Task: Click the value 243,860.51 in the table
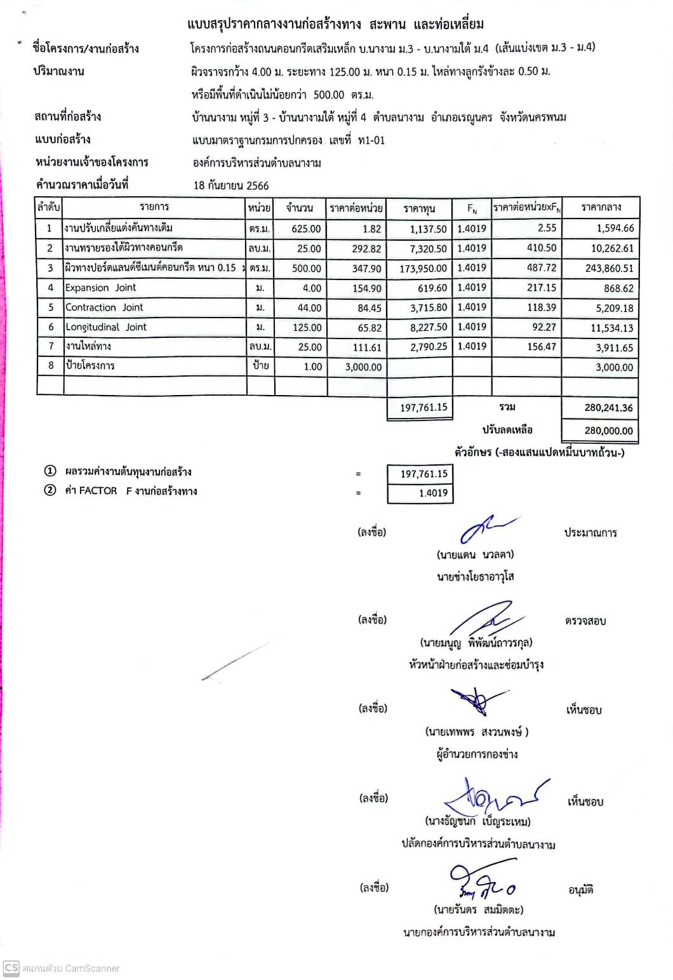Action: (x=609, y=268)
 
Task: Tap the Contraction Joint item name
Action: (x=104, y=307)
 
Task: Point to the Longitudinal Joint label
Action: (x=106, y=327)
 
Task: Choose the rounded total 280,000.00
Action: (x=608, y=431)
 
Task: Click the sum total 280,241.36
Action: (x=608, y=408)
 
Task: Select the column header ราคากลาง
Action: (x=601, y=207)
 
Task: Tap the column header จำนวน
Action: (x=299, y=208)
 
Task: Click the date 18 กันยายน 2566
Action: (x=231, y=185)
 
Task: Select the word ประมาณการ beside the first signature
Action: (x=590, y=533)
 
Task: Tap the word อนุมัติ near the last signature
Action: (x=580, y=890)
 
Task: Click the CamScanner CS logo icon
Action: (x=11, y=968)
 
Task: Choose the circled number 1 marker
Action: (x=50, y=471)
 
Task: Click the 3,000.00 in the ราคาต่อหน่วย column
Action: (x=363, y=367)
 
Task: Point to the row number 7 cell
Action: (x=50, y=347)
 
